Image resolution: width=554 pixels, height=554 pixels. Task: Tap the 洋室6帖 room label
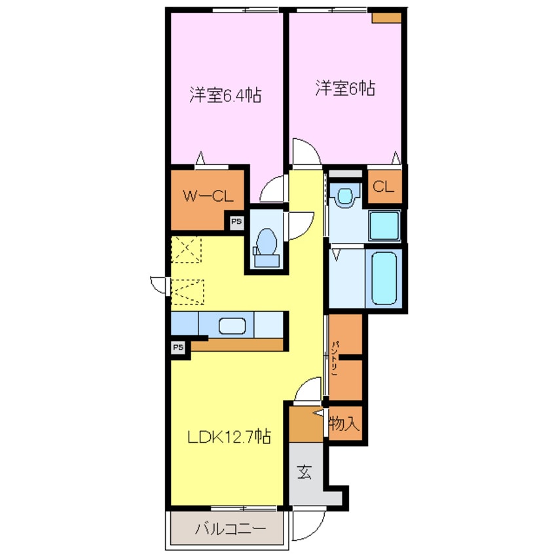pos(345,88)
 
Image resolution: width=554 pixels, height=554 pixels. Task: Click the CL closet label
pos(383,187)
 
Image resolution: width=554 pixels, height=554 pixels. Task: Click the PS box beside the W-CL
pos(236,222)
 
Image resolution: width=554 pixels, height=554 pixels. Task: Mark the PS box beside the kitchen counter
pos(178,347)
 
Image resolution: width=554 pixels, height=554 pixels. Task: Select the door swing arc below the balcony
pos(308,525)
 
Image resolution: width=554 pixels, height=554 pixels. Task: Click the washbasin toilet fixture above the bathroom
pos(345,196)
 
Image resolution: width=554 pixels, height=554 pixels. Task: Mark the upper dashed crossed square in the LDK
pos(186,249)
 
